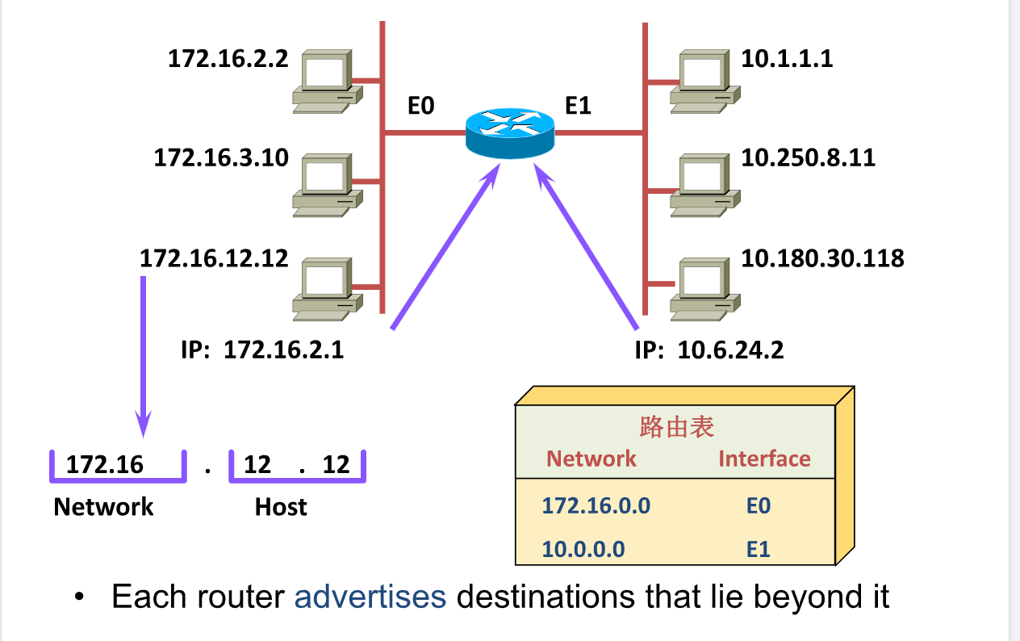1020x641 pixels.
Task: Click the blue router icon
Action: [510, 133]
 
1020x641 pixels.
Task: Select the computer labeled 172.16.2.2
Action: [328, 82]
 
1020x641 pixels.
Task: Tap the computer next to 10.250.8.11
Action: [705, 186]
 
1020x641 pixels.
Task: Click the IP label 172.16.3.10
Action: [221, 157]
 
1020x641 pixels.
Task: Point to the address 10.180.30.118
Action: [822, 258]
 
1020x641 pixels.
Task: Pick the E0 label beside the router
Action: [420, 106]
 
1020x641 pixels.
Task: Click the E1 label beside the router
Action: [578, 106]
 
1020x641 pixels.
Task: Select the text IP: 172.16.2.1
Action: [262, 350]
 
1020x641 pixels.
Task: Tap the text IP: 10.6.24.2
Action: [709, 350]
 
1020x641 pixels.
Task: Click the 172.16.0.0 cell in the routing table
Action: [596, 505]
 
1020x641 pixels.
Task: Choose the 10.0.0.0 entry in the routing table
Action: [583, 549]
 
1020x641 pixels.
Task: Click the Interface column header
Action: [764, 459]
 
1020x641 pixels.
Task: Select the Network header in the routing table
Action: [591, 459]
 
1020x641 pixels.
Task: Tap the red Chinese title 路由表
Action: [677, 427]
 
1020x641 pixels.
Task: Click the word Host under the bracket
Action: [281, 507]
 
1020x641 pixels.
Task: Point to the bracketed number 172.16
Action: [105, 464]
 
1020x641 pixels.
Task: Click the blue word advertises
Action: [370, 596]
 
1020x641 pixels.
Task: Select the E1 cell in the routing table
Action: [759, 549]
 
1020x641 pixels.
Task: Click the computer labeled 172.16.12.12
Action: [328, 289]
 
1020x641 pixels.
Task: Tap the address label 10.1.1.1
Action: [788, 59]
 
